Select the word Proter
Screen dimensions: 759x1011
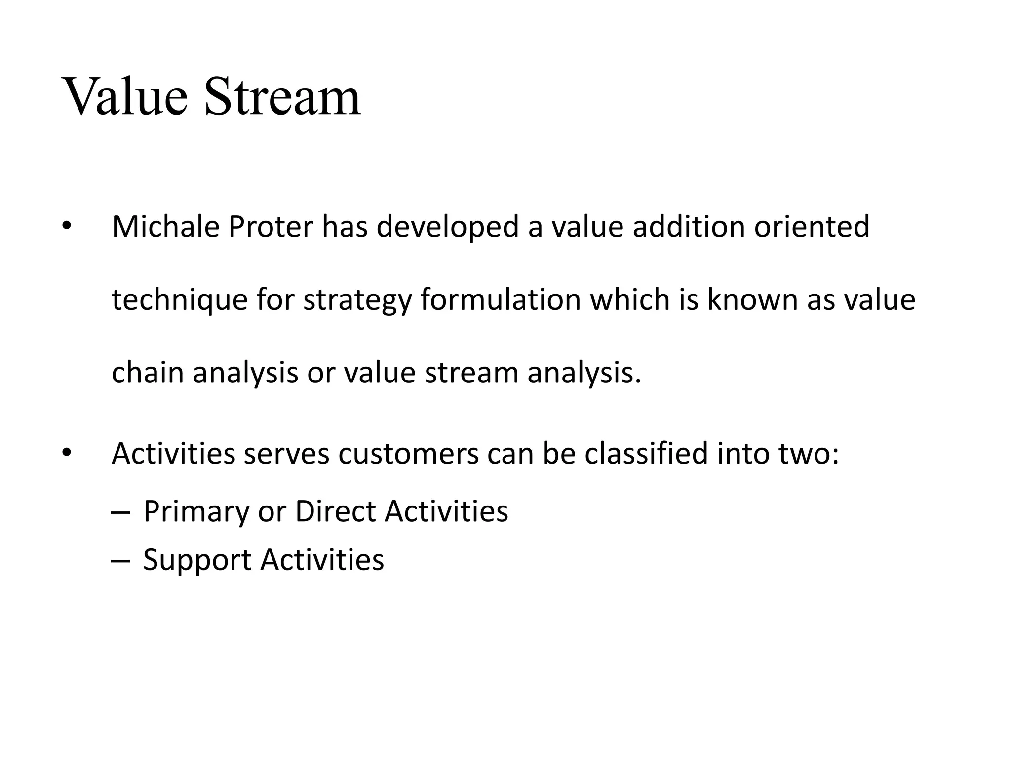271,227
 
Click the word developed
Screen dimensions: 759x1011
448,227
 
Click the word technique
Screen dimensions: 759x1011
179,300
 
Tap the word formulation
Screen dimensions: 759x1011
501,300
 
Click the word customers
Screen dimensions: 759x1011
408,454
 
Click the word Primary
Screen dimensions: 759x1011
196,512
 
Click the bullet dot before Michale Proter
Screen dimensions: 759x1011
67,227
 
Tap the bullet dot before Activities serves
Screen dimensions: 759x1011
67,453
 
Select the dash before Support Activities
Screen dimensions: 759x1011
120,560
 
